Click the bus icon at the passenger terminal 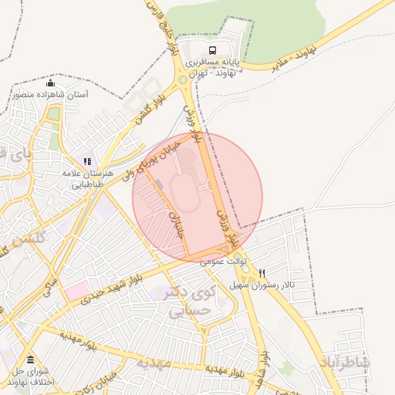coord(213,49)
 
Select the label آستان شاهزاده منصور coord(51,95)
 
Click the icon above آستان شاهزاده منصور coord(51,83)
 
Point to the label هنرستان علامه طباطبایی coord(93,180)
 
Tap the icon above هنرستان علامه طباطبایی coord(87,162)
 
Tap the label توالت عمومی coord(223,262)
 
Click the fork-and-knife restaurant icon coord(262,273)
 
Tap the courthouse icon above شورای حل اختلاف coord(30,360)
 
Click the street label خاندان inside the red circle coord(176,217)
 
